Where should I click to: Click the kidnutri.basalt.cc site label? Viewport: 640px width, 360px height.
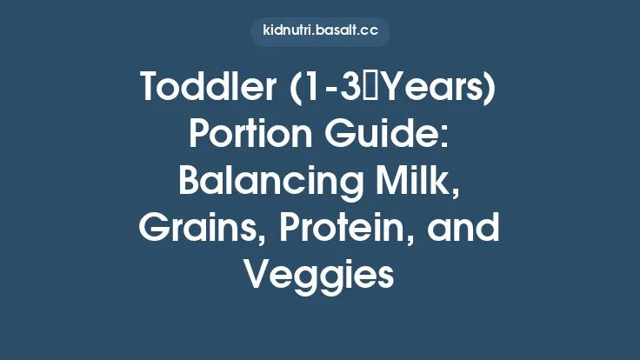tap(320, 32)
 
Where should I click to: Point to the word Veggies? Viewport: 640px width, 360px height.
tap(320, 276)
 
